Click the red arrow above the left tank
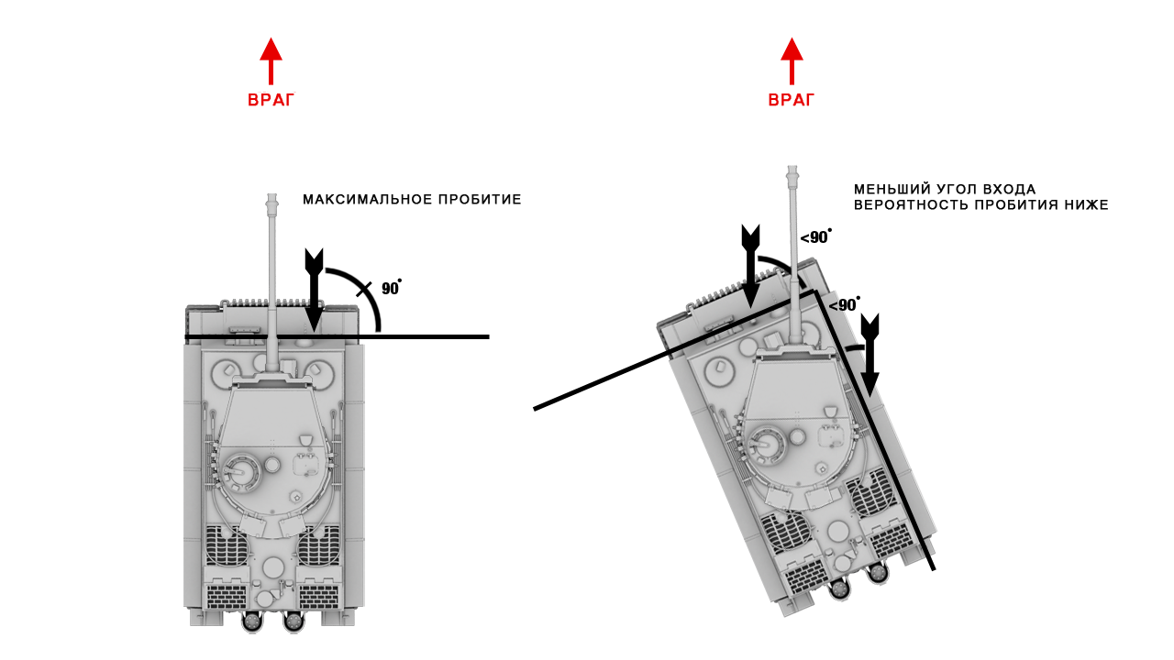point(271,60)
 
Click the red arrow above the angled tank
point(792,60)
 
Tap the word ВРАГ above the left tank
point(271,100)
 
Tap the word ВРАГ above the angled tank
point(792,100)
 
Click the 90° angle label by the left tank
point(391,288)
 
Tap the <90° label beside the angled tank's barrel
point(815,237)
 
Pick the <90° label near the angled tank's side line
point(844,305)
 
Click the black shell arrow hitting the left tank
point(314,290)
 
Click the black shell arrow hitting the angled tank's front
point(750,266)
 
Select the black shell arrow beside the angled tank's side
point(870,355)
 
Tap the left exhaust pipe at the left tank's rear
point(252,622)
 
